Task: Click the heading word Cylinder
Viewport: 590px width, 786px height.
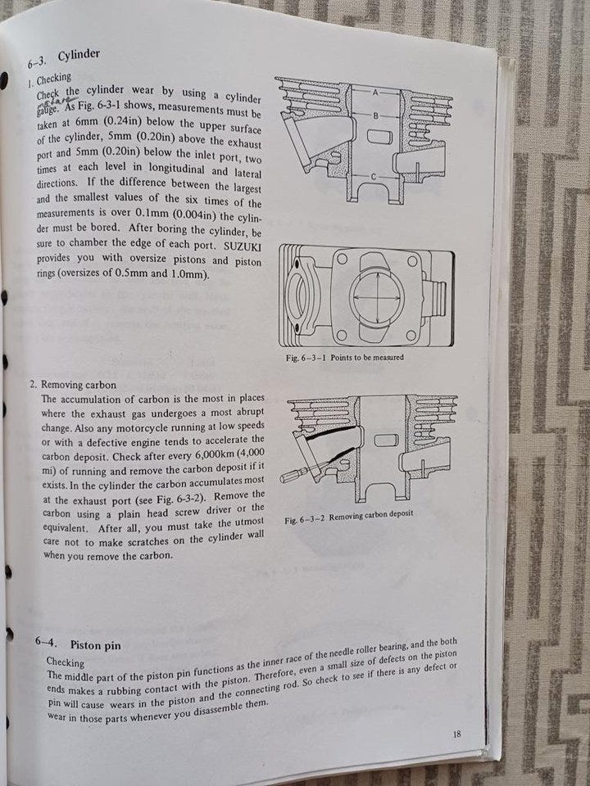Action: tap(79, 54)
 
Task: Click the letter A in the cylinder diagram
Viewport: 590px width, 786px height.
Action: tap(374, 93)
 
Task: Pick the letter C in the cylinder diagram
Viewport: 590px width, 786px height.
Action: tap(374, 177)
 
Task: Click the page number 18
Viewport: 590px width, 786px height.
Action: tap(456, 734)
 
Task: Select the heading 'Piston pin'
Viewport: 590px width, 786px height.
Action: tap(96, 645)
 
